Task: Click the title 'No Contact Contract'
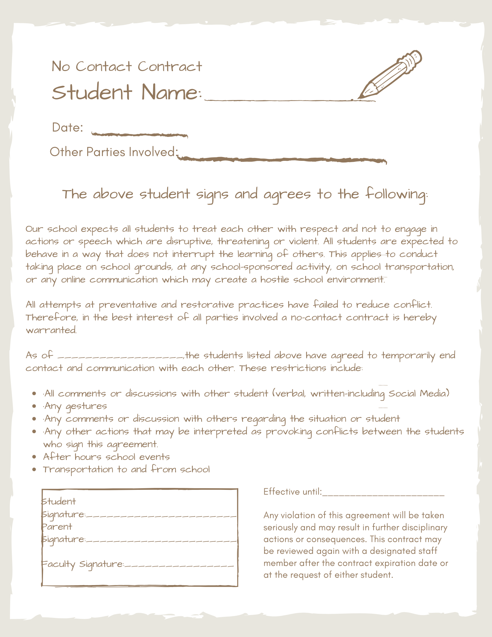click(x=127, y=67)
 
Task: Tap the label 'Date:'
click(x=68, y=128)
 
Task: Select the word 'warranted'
click(x=51, y=330)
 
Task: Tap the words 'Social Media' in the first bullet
click(x=418, y=394)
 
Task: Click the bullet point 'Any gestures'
click(x=75, y=406)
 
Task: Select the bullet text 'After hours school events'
click(x=106, y=457)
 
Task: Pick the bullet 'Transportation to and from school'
click(x=126, y=469)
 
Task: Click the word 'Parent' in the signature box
click(x=57, y=527)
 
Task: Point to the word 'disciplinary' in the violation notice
click(x=424, y=527)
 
